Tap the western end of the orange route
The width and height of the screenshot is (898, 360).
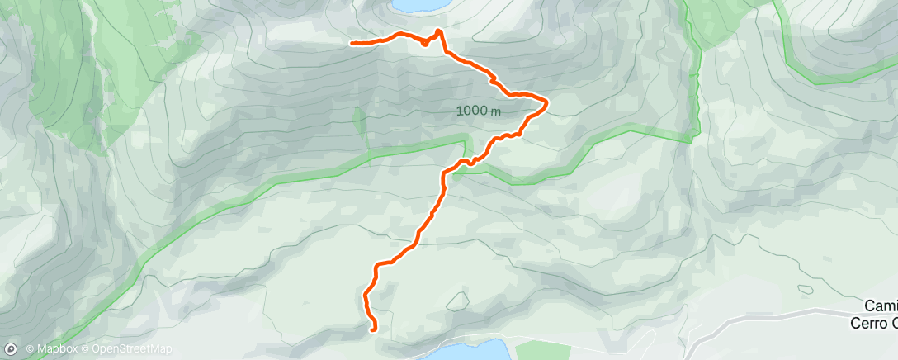352,42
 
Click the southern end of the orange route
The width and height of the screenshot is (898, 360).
375,329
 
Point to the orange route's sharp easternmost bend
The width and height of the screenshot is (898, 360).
546,102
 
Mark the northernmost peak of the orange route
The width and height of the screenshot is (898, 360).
438,31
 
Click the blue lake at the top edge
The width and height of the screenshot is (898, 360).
421,5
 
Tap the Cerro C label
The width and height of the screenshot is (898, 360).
874,322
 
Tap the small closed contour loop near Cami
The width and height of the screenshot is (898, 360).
804,289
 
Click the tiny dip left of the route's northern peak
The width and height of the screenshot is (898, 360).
424,43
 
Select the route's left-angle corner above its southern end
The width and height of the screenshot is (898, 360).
378,265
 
